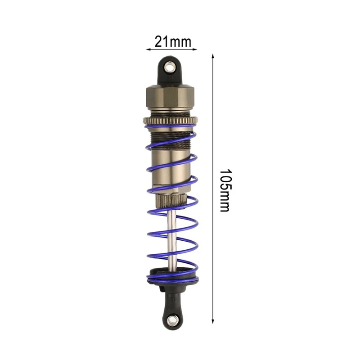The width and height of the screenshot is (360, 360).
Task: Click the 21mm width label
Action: point(173,41)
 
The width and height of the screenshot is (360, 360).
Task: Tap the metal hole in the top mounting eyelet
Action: point(170,67)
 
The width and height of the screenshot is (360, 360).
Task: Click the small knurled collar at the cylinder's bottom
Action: point(171,200)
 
